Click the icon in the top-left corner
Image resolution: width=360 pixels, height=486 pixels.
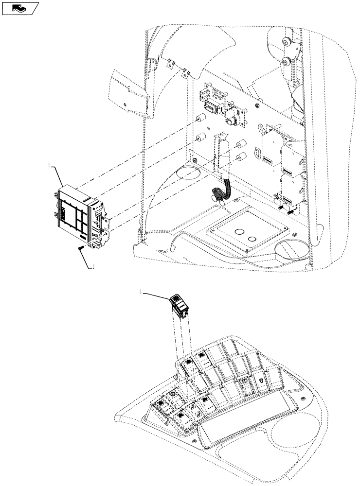point(20,8)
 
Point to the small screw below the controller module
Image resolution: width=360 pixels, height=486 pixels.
point(80,248)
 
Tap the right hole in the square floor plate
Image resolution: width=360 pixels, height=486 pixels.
point(252,239)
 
